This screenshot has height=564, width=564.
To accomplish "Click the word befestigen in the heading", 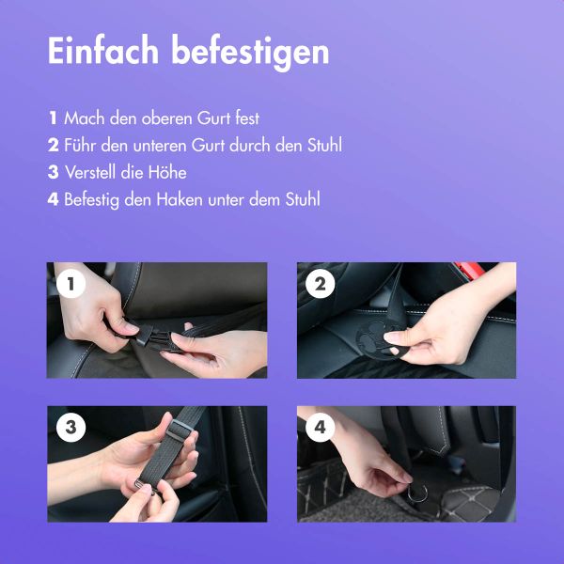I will point(250,52).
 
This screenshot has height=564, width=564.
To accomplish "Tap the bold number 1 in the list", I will point(53,118).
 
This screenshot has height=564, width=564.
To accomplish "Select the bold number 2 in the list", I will point(53,146).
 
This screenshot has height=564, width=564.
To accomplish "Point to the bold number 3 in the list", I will point(53,173).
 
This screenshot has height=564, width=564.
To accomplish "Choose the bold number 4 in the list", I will point(53,200).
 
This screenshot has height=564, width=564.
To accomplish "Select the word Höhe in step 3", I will point(166,173).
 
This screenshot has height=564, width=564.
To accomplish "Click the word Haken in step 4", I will point(179,200).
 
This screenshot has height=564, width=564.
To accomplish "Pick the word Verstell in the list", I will point(91,173).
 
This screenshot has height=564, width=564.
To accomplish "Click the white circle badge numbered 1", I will point(70,284).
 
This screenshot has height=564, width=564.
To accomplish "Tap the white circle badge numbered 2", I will point(320,284).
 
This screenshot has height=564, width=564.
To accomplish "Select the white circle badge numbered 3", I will point(70,428).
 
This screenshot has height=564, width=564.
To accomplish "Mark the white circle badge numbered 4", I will point(320,428).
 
